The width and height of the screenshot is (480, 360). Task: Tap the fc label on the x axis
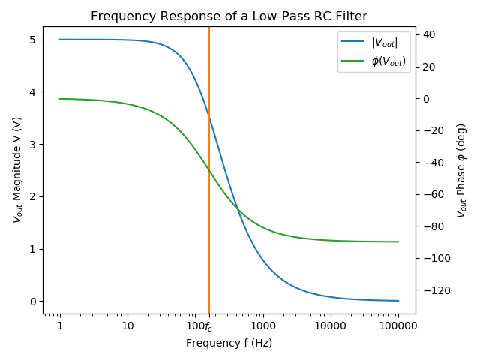(208, 326)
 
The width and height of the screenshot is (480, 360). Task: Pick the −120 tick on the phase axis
(434, 290)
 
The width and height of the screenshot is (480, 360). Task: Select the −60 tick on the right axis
(432, 194)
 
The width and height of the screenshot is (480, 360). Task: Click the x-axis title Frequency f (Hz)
(229, 343)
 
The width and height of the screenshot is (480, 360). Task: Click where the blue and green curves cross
(237, 208)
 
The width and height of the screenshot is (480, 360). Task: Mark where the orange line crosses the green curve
(209, 170)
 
